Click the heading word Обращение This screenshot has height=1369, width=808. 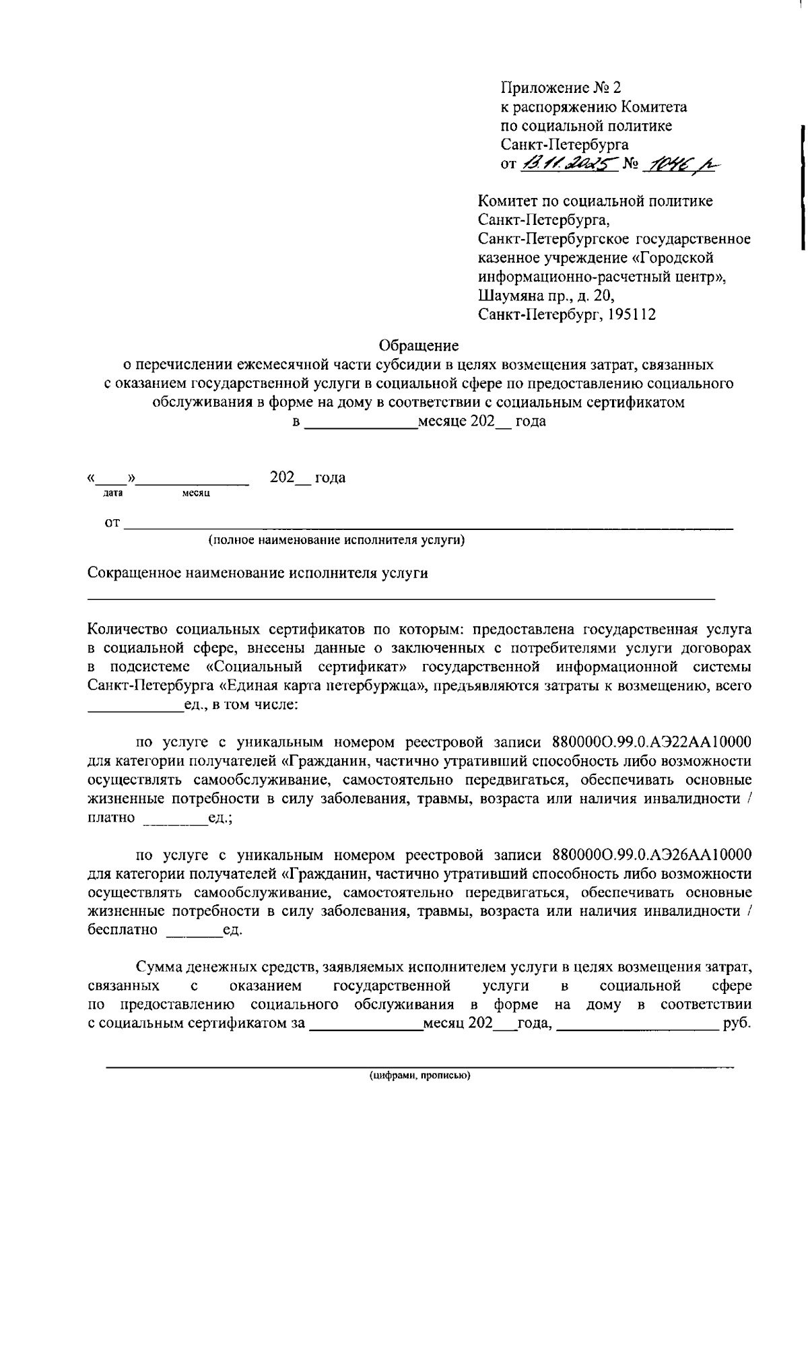coord(419,346)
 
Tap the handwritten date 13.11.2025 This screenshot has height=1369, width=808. coord(569,164)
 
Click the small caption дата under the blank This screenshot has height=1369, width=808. coord(112,494)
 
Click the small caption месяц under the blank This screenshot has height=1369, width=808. coord(196,494)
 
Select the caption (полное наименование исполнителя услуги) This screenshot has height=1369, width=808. coord(337,540)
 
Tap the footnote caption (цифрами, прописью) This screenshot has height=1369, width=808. coord(419,1075)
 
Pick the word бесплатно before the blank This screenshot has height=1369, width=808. coord(123,931)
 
